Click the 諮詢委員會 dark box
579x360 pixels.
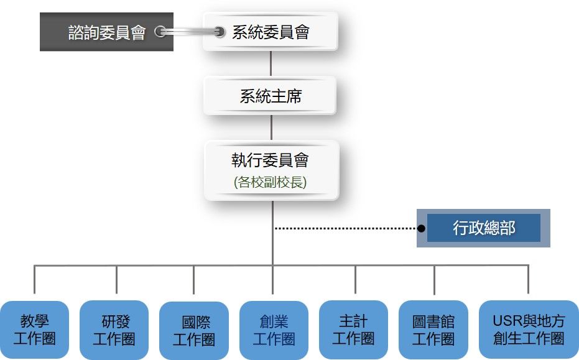click(x=106, y=32)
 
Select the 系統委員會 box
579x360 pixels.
click(x=271, y=32)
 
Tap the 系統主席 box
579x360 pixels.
click(x=271, y=96)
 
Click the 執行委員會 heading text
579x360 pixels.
click(x=271, y=160)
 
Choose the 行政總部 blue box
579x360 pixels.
click(x=484, y=228)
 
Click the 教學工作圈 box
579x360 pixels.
click(x=34, y=330)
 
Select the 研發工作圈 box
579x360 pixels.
click(x=115, y=330)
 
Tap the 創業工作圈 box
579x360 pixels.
click(x=274, y=330)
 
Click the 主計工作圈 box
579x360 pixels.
click(x=353, y=330)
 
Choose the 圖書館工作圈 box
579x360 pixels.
click(x=433, y=330)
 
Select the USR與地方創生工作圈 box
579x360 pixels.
click(x=529, y=330)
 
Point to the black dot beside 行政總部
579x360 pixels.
click(x=421, y=229)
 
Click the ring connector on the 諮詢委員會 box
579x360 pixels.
click(x=160, y=32)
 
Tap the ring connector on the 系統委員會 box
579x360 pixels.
click(x=219, y=32)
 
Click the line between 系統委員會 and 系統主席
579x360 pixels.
click(x=271, y=63)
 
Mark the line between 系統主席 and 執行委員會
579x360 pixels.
click(x=271, y=127)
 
